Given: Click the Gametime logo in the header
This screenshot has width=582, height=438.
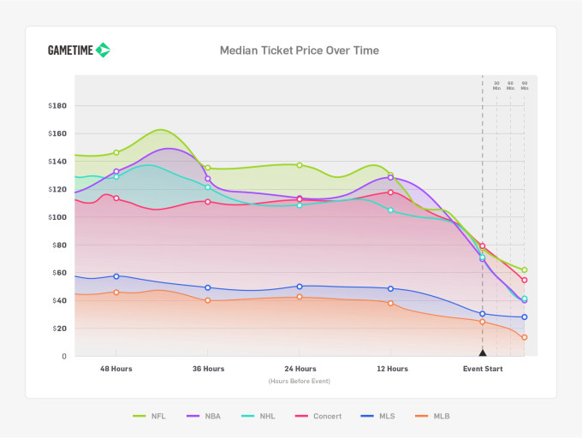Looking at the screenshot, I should pos(79,50).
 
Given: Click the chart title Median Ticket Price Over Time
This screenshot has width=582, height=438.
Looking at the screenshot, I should pos(299,50).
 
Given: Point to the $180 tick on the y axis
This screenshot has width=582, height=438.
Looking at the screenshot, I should pos(58,106).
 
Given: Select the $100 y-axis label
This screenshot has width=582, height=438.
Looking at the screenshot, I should pos(58,217).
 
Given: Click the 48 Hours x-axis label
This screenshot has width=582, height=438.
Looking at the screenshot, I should pos(116,369).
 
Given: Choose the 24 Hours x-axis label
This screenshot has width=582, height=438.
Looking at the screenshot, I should pos(299,369).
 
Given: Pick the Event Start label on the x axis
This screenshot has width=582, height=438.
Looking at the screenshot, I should pos(483,369).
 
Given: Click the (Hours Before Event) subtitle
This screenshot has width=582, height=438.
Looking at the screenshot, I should pos(299,381).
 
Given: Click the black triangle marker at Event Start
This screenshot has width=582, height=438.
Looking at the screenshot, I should pos(483,352).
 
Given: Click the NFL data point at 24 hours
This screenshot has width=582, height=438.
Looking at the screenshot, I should pos(300,165).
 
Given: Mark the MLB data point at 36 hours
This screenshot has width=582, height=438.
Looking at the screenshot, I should pos(208,300).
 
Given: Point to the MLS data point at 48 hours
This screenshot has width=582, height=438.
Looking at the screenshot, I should pos(116,276).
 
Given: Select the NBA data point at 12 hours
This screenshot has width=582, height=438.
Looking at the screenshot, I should pos(390,178).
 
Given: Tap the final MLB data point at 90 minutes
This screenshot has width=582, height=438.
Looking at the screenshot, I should pos(524,337).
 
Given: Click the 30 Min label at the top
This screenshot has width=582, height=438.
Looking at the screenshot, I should pos(496,86).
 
